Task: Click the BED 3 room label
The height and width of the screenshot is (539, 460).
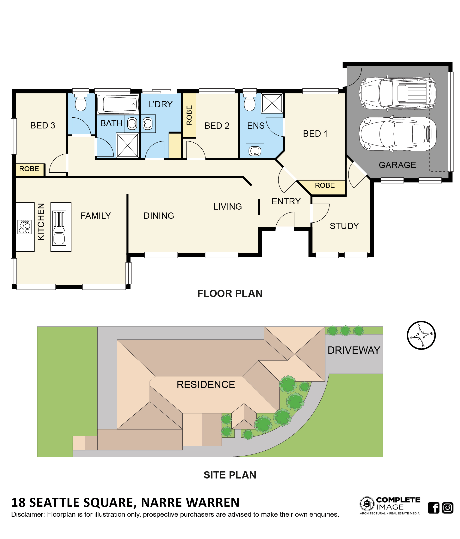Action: (x=43, y=125)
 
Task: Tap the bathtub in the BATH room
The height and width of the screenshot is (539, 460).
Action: (x=118, y=104)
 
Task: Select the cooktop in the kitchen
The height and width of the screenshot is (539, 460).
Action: (x=25, y=227)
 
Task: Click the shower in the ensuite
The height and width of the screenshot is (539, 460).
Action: (x=272, y=103)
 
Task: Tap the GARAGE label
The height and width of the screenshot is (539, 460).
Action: (x=397, y=165)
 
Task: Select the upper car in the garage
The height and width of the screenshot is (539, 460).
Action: (x=398, y=93)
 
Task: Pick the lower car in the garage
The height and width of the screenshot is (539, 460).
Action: (x=398, y=134)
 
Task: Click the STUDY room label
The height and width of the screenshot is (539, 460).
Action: (x=344, y=226)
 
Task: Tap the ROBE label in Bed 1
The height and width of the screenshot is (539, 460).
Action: (x=325, y=185)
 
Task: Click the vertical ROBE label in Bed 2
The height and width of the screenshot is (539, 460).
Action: (x=189, y=115)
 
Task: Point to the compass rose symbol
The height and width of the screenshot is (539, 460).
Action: (x=421, y=335)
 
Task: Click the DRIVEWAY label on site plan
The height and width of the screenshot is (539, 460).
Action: (x=354, y=350)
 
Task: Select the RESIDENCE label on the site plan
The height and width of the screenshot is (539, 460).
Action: (x=206, y=384)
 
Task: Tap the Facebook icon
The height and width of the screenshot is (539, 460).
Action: (x=434, y=508)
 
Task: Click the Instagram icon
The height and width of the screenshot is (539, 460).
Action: (x=448, y=508)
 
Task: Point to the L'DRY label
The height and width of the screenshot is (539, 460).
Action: (x=161, y=104)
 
